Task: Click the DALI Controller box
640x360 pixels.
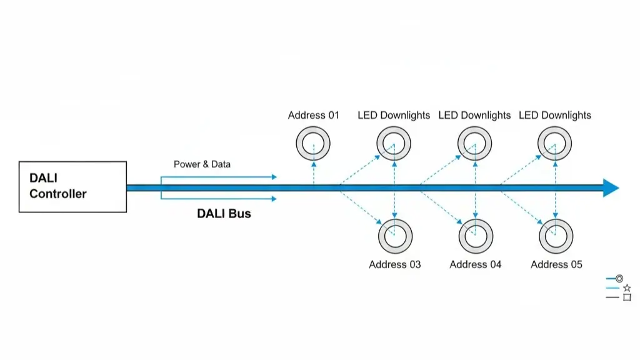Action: [72, 186]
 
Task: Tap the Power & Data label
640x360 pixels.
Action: [202, 164]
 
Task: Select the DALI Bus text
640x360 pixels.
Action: [224, 214]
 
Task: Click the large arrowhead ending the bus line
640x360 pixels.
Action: [611, 187]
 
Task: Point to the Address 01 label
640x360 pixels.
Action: [313, 115]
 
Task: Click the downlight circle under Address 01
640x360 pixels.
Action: [312, 144]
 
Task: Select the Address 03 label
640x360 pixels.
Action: [394, 264]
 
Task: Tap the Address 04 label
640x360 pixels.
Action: [475, 264]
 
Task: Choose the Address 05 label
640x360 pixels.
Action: [556, 264]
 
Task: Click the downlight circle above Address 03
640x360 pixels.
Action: [394, 236]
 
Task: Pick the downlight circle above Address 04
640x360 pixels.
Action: [475, 236]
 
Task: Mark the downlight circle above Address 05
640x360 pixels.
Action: [556, 236]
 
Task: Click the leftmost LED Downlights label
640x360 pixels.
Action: [394, 115]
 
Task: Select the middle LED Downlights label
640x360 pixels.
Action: [474, 115]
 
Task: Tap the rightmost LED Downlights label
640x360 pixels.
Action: [555, 115]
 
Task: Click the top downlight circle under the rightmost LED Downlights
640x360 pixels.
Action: [555, 144]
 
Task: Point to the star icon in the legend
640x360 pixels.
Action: [627, 288]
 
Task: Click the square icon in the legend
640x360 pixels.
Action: [627, 297]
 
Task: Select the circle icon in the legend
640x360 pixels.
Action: [619, 278]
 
